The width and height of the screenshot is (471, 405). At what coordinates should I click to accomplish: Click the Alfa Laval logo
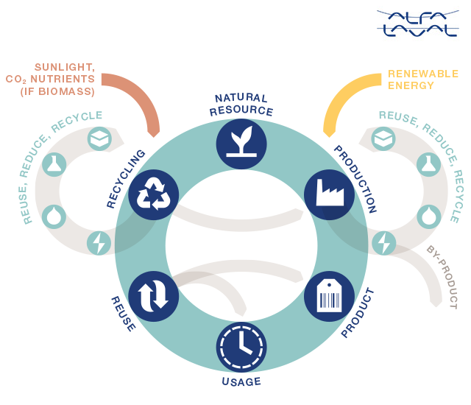point(417,23)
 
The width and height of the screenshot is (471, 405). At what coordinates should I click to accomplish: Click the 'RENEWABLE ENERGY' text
point(422,80)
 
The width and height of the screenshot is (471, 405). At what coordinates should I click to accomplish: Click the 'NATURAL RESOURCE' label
point(241,105)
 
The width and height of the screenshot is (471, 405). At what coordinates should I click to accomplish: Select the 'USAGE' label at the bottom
point(241,382)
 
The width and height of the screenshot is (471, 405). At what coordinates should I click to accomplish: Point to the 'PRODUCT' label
point(358,314)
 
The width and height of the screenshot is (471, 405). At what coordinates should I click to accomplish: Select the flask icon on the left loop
point(54,164)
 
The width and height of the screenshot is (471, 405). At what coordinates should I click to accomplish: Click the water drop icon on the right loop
point(429,216)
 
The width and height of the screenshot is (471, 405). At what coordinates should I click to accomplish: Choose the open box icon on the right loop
point(383,138)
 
